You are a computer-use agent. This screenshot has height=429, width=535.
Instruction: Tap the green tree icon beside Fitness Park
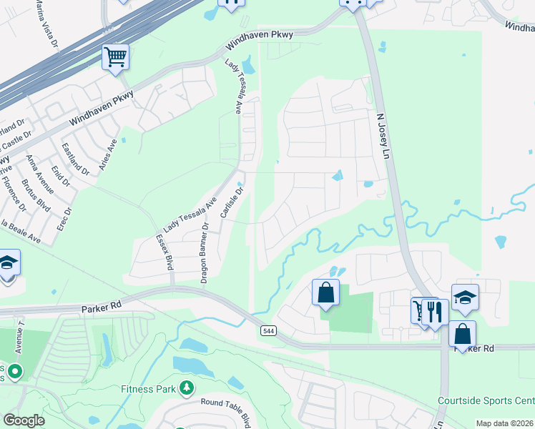[x=187, y=388]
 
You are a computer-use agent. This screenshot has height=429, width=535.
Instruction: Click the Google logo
[x=24, y=420]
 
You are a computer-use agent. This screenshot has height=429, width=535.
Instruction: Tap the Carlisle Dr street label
[x=232, y=204]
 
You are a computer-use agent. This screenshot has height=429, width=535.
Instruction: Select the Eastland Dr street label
[x=76, y=159]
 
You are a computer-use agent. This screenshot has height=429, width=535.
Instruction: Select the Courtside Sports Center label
[x=486, y=400]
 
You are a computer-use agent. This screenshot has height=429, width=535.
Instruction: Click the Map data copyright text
[x=504, y=423]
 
